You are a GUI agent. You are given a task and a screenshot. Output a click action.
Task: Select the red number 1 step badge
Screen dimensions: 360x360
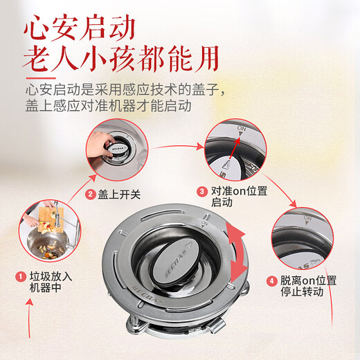click(21, 277)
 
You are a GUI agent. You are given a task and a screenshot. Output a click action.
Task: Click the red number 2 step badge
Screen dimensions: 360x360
click(90, 195)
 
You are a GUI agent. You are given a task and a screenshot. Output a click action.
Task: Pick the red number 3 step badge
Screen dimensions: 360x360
click(202, 190)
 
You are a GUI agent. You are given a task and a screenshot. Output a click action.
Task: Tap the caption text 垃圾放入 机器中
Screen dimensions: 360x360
click(50, 283)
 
